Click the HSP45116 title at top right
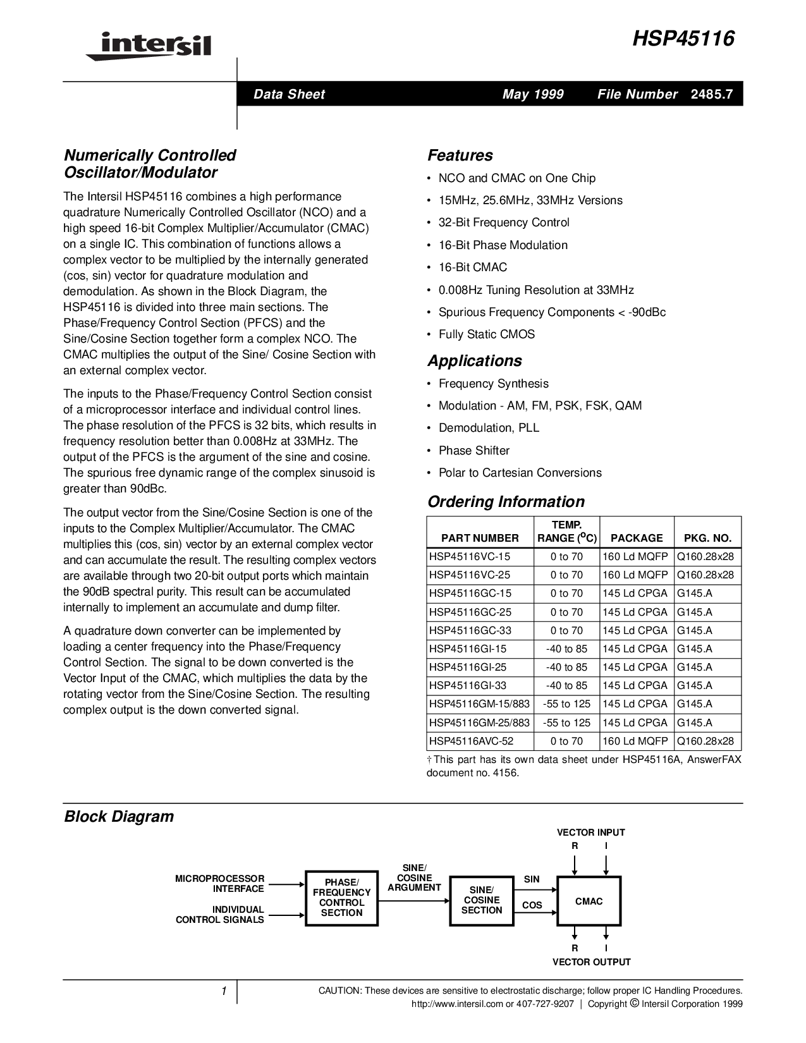tap(683, 39)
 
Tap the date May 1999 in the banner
tap(533, 94)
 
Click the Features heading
tap(460, 156)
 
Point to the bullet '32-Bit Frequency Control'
tap(504, 223)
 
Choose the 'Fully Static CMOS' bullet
tap(486, 334)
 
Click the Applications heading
tap(474, 361)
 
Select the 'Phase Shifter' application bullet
tap(473, 451)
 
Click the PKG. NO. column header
tap(707, 538)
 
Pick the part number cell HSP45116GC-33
tap(470, 630)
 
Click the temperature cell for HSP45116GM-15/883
tap(566, 704)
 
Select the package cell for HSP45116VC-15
tap(635, 557)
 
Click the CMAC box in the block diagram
tap(589, 901)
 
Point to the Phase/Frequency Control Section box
tap(341, 898)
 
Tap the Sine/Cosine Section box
tap(482, 900)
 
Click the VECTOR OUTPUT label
tap(591, 962)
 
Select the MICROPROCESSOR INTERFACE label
tap(219, 884)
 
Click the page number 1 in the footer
tap(224, 992)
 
